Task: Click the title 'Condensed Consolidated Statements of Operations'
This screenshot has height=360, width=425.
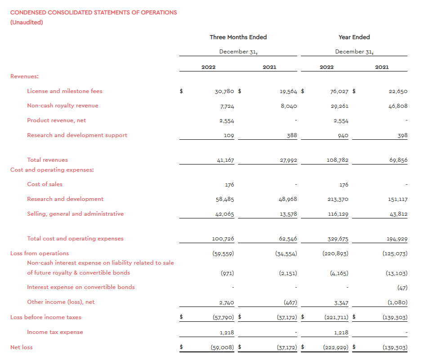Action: [94, 13]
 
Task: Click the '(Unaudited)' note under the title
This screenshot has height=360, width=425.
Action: [27, 22]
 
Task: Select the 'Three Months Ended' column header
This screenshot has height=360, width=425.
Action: [238, 37]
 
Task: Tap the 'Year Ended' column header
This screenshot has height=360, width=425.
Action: [354, 37]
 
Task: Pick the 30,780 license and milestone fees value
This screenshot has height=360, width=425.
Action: [224, 91]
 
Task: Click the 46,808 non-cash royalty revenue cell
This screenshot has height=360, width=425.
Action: [398, 106]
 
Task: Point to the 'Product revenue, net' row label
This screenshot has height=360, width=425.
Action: [56, 120]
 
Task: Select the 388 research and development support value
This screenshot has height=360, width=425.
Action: [292, 135]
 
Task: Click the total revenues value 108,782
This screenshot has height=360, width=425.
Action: [337, 160]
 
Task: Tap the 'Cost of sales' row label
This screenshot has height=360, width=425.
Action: [45, 184]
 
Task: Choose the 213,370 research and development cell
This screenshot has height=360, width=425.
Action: [337, 199]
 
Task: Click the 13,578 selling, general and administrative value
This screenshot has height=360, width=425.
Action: [288, 214]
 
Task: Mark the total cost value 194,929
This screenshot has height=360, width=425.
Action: [397, 239]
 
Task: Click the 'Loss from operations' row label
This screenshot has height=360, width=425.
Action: [40, 253]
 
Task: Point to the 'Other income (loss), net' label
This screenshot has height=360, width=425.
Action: [61, 302]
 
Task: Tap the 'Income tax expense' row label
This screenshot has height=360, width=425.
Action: [55, 332]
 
